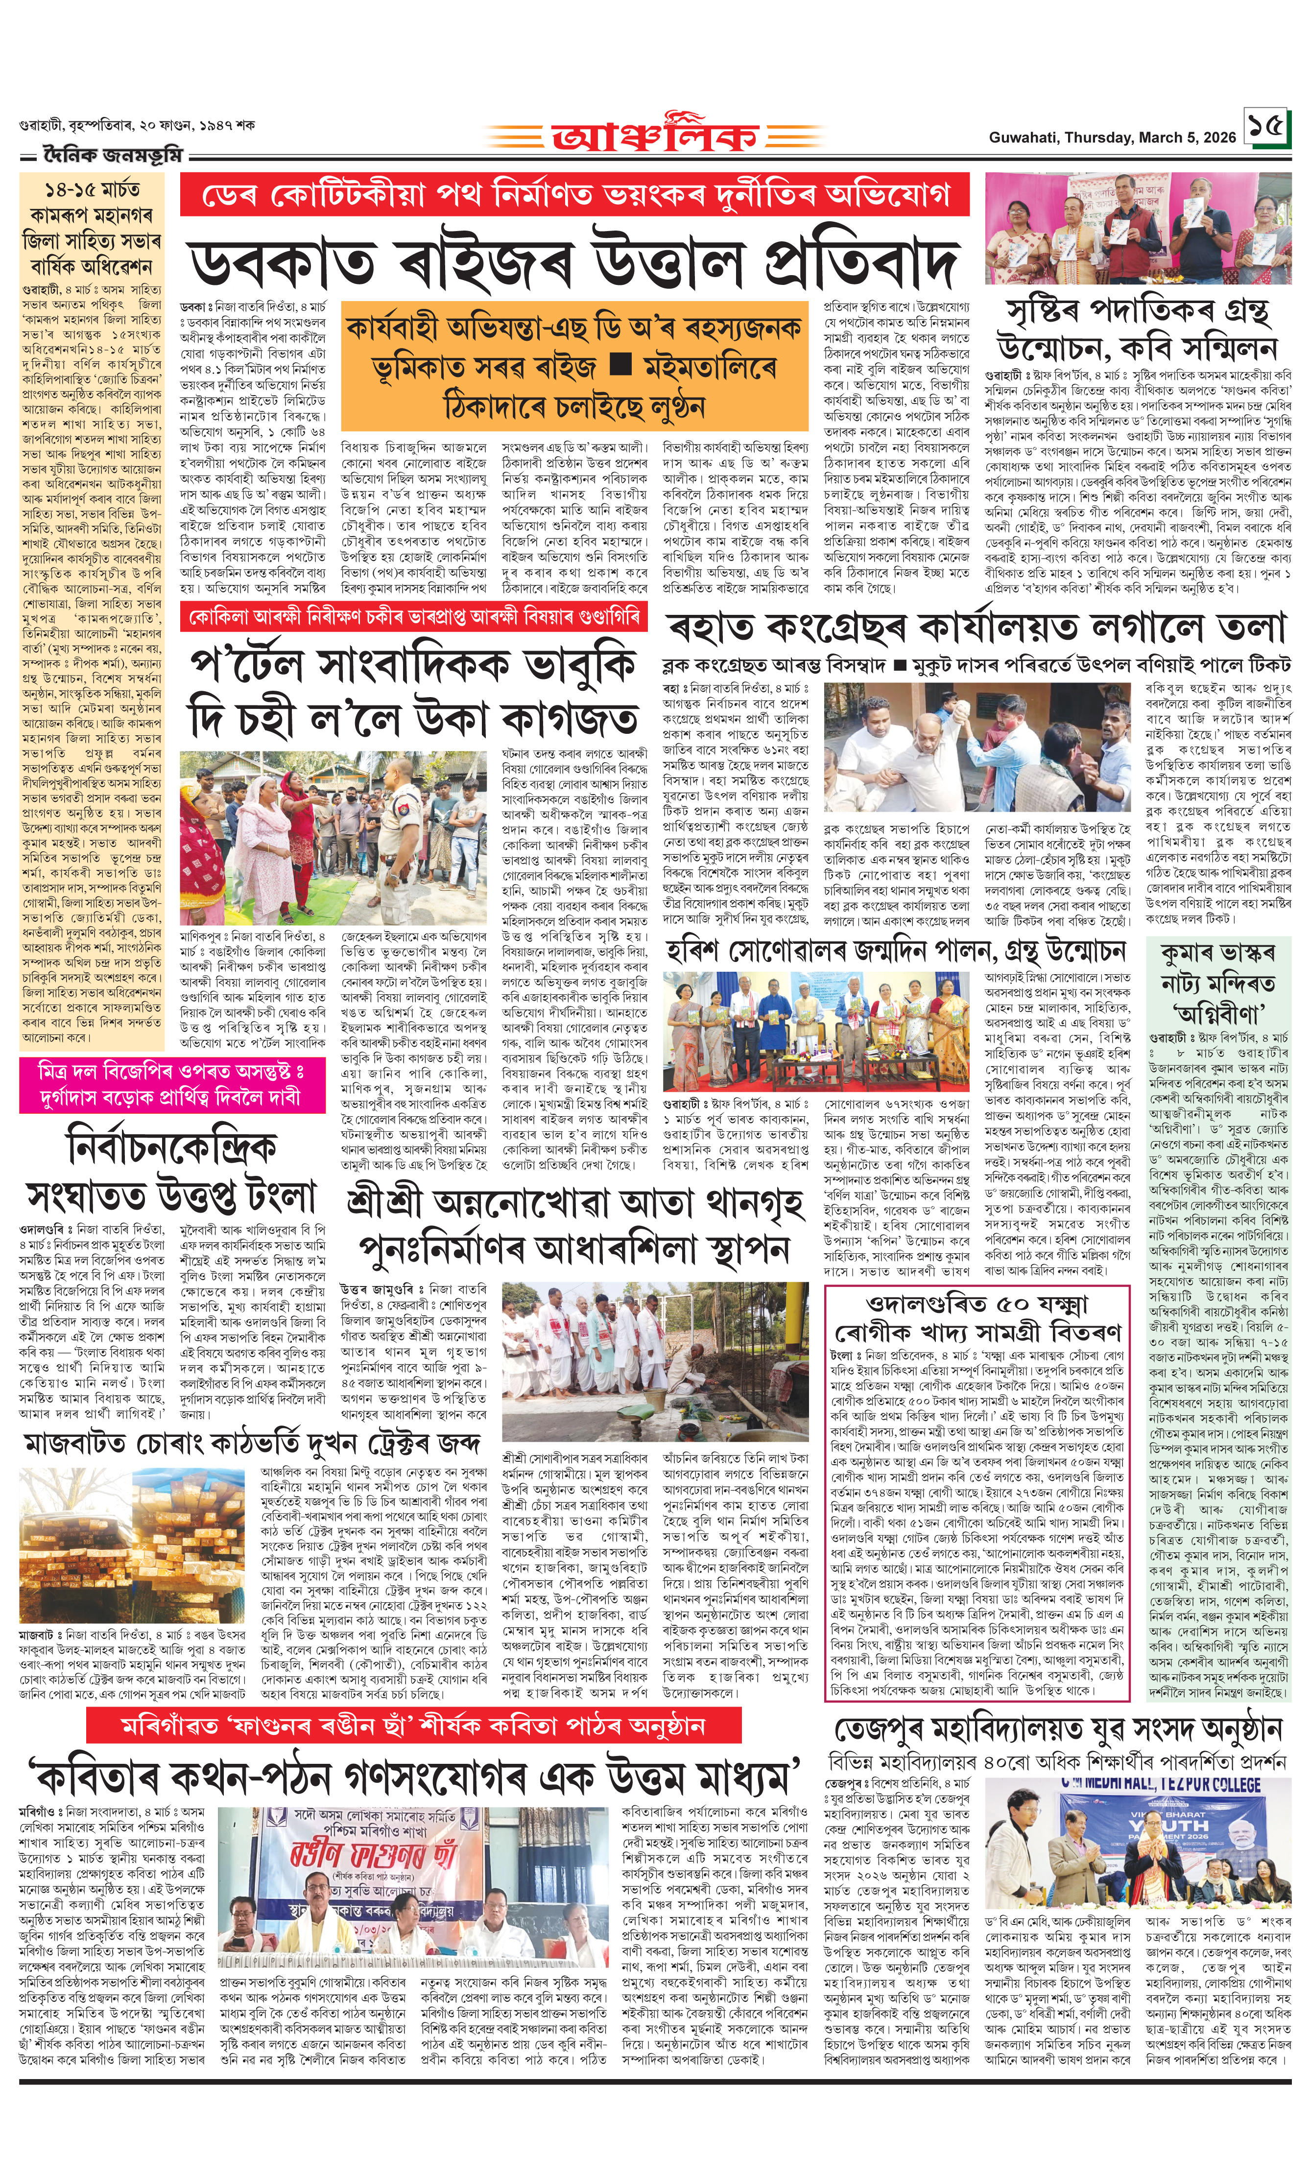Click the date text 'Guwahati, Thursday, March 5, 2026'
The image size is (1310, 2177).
pyautogui.click(x=1111, y=138)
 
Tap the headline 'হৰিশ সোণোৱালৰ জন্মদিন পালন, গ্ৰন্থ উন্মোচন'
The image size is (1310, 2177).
pyautogui.click(x=896, y=950)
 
